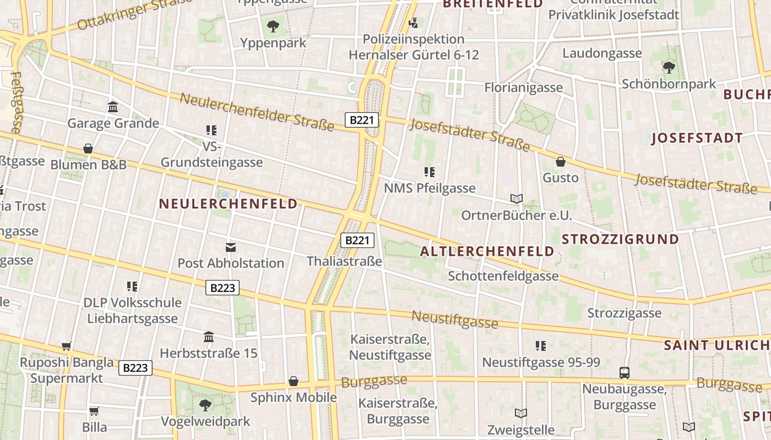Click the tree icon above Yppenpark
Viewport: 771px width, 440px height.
click(273, 26)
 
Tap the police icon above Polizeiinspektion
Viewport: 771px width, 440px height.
click(414, 23)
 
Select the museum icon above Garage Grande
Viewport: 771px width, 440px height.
click(113, 107)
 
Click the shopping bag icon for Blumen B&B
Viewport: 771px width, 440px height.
click(88, 148)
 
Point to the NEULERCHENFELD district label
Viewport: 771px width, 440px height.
click(229, 204)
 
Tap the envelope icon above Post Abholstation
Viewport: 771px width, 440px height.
click(231, 248)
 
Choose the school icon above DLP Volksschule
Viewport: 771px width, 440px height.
click(132, 287)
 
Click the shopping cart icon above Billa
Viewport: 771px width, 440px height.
click(94, 411)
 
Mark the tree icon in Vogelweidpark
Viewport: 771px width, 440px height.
click(205, 406)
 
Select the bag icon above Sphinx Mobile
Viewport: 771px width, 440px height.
click(294, 381)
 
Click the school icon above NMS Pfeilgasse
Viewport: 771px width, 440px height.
click(430, 172)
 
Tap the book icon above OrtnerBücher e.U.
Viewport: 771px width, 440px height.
click(516, 199)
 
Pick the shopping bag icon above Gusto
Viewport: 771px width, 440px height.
click(561, 162)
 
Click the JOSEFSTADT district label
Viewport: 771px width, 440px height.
click(697, 138)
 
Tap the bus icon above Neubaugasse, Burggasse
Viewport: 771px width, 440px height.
click(625, 373)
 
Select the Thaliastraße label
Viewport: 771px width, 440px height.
click(344, 261)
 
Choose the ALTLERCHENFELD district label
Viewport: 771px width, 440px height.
click(487, 251)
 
